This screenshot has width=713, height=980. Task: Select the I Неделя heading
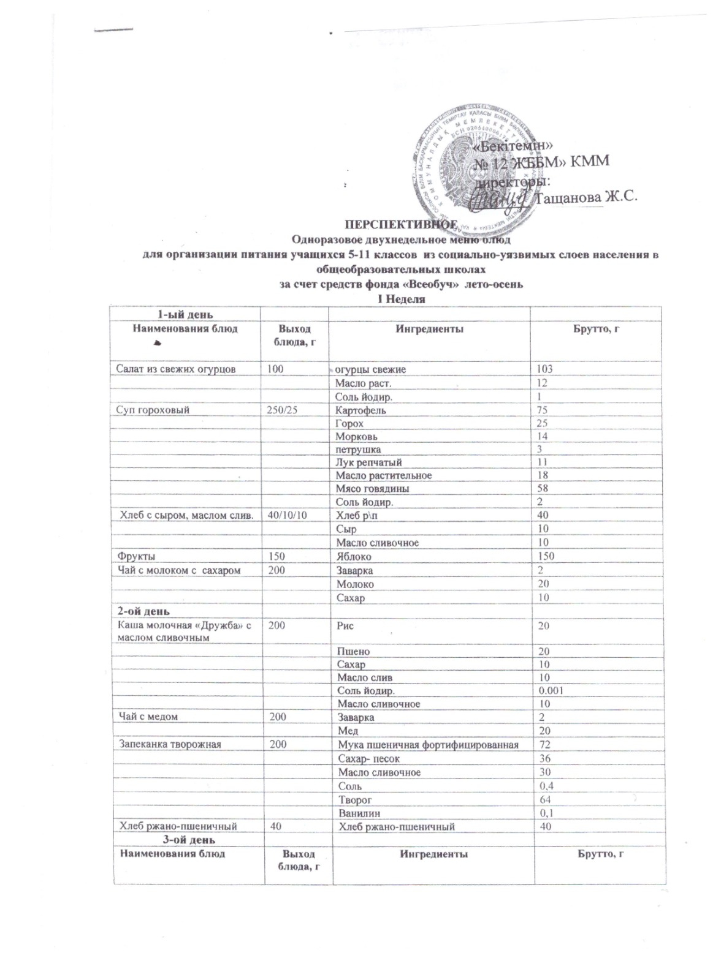pyautogui.click(x=400, y=299)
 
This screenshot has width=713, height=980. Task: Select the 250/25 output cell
pyautogui.click(x=281, y=410)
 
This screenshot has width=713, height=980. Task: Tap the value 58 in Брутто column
pyautogui.click(x=543, y=489)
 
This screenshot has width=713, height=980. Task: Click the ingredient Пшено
pyautogui.click(x=354, y=651)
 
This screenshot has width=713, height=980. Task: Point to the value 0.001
pyautogui.click(x=551, y=691)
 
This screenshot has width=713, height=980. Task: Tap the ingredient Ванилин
pyautogui.click(x=359, y=813)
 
